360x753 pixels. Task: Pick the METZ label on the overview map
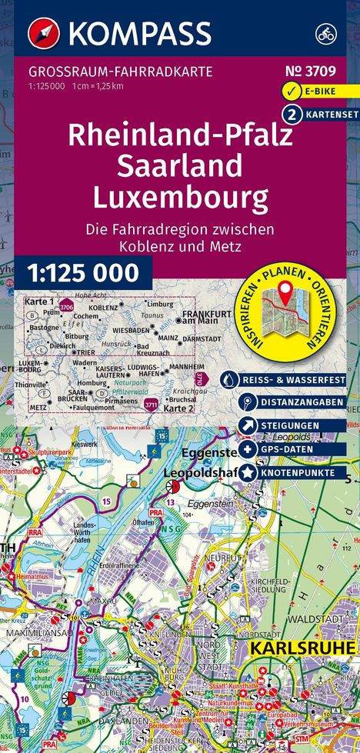[x=38, y=407]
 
